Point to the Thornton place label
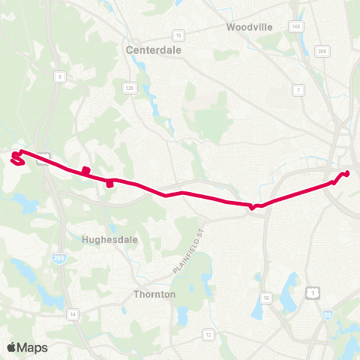pyautogui.click(x=154, y=294)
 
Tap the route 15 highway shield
pyautogui.click(x=178, y=35)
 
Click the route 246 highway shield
pyautogui.click(x=323, y=51)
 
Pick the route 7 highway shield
pyautogui.click(x=298, y=90)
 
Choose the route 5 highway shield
pyautogui.click(x=58, y=76)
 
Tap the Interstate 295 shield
pyautogui.click(x=58, y=258)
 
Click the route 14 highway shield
pyautogui.click(x=72, y=313)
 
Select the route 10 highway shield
pyautogui.click(x=265, y=298)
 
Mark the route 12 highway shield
pyautogui.click(x=208, y=334)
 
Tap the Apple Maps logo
pyautogui.click(x=28, y=346)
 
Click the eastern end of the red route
pyautogui.click(x=348, y=174)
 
